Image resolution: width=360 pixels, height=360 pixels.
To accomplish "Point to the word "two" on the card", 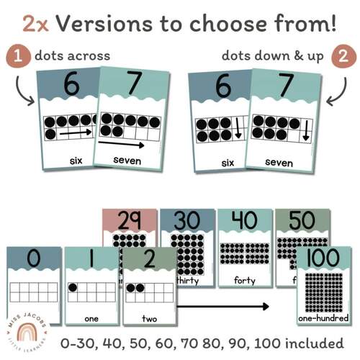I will pos(148,317).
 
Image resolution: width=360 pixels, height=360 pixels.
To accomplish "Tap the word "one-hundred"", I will pos(323,318).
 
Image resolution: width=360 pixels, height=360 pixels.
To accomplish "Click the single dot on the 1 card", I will pos(73,287).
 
